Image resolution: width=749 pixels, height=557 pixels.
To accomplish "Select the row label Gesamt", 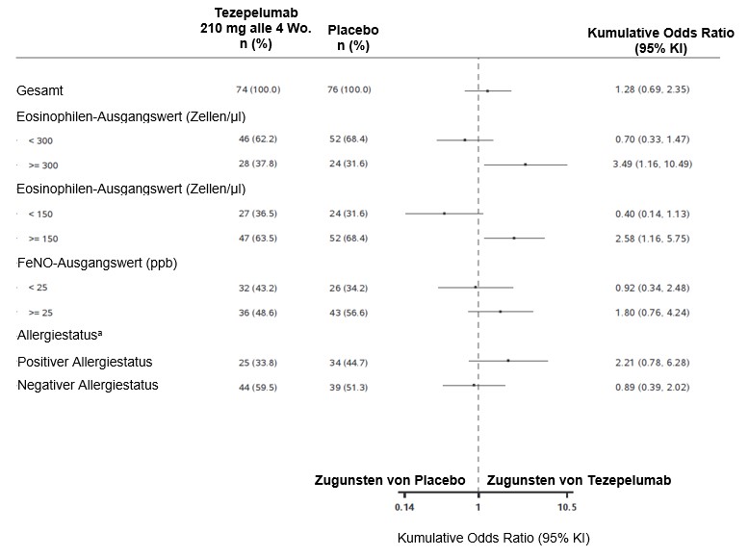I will (x=39, y=90).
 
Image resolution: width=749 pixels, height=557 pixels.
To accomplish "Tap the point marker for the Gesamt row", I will (x=488, y=90).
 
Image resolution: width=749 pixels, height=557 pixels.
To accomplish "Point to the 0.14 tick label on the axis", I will (x=404, y=507).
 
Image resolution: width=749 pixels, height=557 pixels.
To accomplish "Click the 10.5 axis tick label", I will (x=566, y=507).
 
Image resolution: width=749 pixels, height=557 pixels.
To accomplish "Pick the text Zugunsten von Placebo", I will (x=390, y=480).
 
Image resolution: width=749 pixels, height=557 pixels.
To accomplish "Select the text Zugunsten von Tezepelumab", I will (x=579, y=480).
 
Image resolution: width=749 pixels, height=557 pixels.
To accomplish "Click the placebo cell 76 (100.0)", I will (x=349, y=89).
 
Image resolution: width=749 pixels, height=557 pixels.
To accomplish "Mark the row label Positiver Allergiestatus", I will (x=85, y=362).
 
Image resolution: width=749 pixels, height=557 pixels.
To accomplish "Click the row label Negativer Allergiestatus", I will (x=88, y=385).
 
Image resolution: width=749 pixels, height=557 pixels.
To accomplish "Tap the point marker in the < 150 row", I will (x=444, y=213).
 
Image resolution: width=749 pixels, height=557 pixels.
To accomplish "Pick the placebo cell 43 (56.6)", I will (x=348, y=312).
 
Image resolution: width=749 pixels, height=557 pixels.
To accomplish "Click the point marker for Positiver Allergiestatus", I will (x=508, y=361).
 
